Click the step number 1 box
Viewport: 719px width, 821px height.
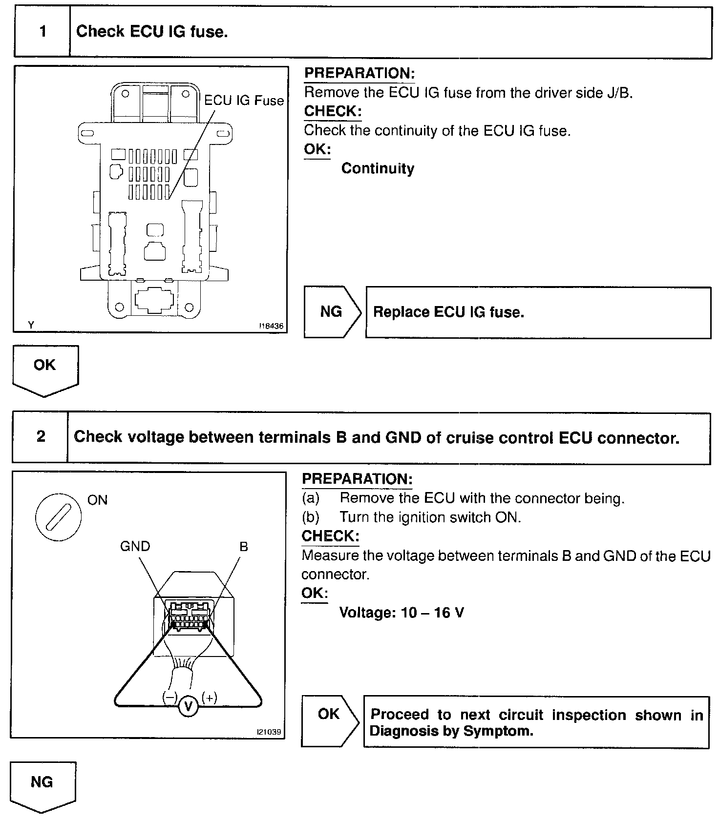(42, 32)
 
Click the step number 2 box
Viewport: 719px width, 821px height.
(41, 436)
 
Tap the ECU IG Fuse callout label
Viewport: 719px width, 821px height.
(244, 101)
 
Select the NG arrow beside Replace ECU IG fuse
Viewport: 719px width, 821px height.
(332, 312)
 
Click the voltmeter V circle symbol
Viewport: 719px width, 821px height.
(189, 706)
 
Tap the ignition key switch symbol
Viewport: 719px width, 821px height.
(59, 516)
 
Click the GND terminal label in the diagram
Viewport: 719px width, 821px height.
(135, 546)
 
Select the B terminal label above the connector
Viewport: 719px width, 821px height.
(244, 547)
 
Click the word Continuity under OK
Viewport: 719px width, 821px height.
(378, 168)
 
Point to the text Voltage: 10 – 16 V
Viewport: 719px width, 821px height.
(402, 612)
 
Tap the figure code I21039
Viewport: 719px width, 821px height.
(270, 732)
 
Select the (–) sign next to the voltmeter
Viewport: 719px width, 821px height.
(169, 698)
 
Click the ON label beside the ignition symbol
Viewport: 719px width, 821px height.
(97, 500)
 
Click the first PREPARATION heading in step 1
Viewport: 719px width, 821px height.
(359, 74)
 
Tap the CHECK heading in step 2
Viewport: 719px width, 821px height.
(330, 536)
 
